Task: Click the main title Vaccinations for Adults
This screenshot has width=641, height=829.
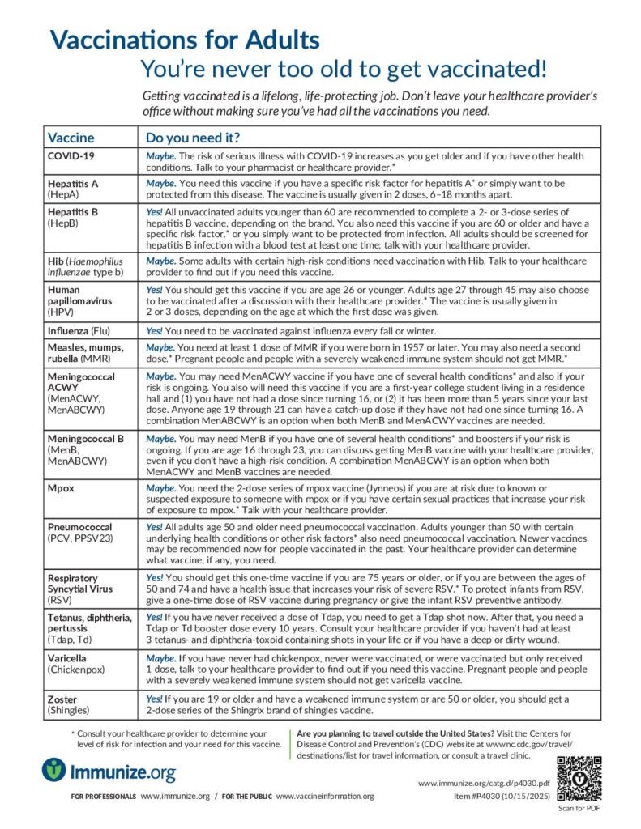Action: point(185,39)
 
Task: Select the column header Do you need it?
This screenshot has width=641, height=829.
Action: point(192,137)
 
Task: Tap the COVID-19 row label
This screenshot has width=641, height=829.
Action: point(71,155)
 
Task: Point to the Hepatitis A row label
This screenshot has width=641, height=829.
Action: point(73,189)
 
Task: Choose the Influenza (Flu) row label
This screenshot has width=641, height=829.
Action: point(83,330)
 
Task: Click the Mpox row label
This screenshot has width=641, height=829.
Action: point(62,489)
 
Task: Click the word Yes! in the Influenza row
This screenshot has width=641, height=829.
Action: point(154,330)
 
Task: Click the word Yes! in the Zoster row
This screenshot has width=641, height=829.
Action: point(154,699)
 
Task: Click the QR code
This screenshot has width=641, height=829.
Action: point(579,777)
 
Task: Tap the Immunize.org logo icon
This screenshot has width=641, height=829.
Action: point(53,770)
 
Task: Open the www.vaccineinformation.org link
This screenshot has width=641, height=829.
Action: point(325,797)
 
